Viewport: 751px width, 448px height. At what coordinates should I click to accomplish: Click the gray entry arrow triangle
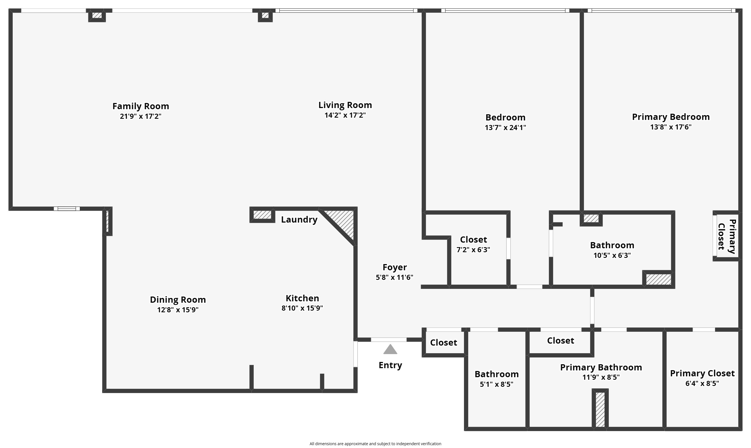(390, 350)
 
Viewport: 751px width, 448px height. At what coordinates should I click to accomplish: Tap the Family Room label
(141, 106)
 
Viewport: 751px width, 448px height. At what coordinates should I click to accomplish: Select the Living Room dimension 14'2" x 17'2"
(345, 115)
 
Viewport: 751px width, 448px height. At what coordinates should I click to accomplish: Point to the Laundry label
(299, 219)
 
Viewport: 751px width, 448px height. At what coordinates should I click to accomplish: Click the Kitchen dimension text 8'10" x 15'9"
(302, 308)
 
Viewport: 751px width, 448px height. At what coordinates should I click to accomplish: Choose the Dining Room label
(178, 300)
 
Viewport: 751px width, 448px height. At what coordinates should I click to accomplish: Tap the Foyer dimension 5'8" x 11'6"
(394, 277)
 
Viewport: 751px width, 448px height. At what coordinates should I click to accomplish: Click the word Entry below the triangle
(390, 365)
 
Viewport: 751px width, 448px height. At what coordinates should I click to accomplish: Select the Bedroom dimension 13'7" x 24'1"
(505, 128)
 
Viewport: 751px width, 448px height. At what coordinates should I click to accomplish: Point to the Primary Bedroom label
(671, 117)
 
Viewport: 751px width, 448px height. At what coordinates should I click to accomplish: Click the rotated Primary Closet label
(726, 236)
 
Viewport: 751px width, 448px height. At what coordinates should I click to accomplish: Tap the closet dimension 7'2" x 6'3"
(473, 250)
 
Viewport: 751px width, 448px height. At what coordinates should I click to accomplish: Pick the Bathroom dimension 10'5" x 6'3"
(612, 255)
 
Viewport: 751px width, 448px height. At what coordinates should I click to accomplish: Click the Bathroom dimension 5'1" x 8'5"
(496, 384)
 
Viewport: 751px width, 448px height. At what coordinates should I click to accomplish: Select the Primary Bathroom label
(601, 367)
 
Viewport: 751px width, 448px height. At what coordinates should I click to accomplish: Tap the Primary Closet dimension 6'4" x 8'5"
(702, 383)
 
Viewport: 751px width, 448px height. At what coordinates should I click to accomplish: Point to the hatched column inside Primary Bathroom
(600, 409)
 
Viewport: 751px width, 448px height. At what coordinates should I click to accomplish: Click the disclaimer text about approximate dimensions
(375, 444)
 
